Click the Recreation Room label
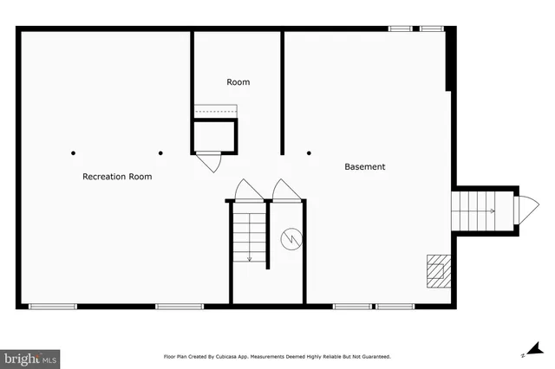[x=117, y=177]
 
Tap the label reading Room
[x=238, y=82]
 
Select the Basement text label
[x=365, y=166]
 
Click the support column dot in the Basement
[x=309, y=153]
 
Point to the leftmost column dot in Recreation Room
[x=73, y=153]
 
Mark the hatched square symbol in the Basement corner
[x=439, y=269]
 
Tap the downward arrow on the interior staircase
[x=250, y=256]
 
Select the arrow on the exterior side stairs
[x=492, y=210]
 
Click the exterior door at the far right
[x=526, y=210]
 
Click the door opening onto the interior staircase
[x=248, y=190]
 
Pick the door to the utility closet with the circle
[x=285, y=190]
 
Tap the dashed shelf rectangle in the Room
[x=215, y=110]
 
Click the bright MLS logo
[x=30, y=357]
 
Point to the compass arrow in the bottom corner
[x=524, y=353]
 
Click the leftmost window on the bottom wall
[x=53, y=306]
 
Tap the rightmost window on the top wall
[x=432, y=29]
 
